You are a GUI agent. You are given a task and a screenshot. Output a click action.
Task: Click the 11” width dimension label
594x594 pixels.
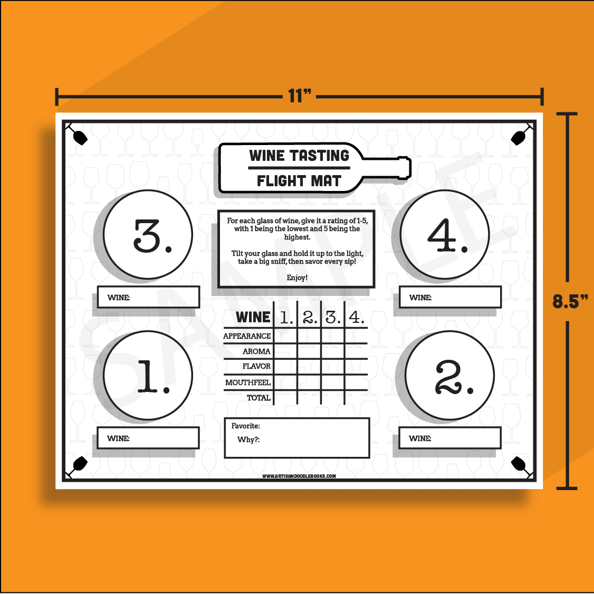(x=300, y=96)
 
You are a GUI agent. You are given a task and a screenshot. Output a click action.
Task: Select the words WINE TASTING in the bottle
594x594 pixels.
(x=299, y=156)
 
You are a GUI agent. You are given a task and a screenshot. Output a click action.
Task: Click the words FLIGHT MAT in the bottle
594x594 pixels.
(x=299, y=181)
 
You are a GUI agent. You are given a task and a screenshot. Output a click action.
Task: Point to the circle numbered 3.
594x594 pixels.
(x=148, y=234)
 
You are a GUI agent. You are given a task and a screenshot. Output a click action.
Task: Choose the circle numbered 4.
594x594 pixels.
(x=444, y=234)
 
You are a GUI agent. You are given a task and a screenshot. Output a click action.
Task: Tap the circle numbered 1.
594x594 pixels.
(x=148, y=376)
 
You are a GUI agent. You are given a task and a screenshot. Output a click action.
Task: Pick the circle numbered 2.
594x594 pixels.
(x=449, y=376)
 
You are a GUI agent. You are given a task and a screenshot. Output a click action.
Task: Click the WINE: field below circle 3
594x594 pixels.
(x=148, y=297)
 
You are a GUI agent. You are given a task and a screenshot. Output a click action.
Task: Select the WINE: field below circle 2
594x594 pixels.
(x=449, y=438)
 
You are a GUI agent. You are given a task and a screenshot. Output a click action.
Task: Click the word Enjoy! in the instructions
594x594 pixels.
(x=297, y=277)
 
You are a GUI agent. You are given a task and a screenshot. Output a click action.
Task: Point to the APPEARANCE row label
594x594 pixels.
(x=247, y=336)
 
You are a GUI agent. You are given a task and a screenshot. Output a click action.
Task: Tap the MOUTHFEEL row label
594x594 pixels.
(x=248, y=382)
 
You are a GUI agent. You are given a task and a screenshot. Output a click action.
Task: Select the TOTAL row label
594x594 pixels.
(x=258, y=398)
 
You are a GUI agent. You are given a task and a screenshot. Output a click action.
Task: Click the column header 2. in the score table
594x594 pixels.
(x=310, y=317)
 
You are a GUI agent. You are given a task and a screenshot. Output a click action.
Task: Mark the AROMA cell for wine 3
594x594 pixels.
(x=332, y=351)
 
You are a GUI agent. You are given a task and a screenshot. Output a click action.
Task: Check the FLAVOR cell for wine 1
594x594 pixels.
(x=285, y=367)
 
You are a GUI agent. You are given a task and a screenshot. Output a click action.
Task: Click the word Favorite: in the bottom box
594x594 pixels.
(x=246, y=426)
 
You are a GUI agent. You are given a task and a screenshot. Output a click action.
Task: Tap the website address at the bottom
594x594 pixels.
(x=299, y=476)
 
